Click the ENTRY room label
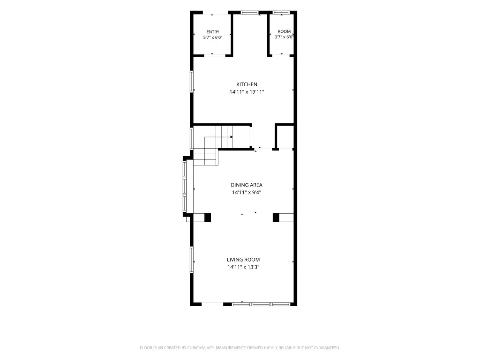(x=213, y=32)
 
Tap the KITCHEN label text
(x=247, y=84)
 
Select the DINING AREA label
(x=247, y=185)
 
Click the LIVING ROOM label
(x=243, y=260)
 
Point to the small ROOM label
(x=284, y=31)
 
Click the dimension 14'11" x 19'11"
(x=247, y=92)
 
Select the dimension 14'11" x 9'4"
(x=247, y=193)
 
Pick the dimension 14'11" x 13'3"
(x=243, y=267)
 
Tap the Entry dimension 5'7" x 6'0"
(x=213, y=37)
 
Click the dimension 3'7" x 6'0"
(x=284, y=37)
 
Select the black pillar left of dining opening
(x=208, y=217)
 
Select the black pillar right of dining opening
(x=276, y=217)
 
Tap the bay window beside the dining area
(x=185, y=186)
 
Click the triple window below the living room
(x=261, y=304)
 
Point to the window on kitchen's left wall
(x=192, y=82)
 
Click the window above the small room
(x=281, y=13)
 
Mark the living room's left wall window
(x=192, y=260)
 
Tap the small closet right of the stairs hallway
(x=285, y=137)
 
